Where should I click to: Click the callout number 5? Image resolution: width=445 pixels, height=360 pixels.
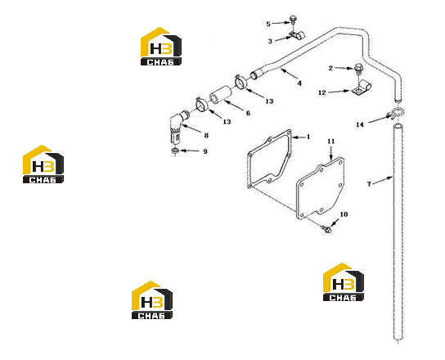(x=268, y=24)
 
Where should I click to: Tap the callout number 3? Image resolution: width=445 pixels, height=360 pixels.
(x=270, y=41)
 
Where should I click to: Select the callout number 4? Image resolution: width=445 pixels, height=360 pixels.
(x=299, y=83)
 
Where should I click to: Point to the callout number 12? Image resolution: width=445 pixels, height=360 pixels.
(x=322, y=92)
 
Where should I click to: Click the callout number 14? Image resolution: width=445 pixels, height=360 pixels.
(x=360, y=124)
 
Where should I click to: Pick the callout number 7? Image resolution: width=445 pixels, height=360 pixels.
(x=369, y=184)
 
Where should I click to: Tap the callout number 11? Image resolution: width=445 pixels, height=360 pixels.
(x=331, y=141)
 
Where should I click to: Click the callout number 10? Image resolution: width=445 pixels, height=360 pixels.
(x=344, y=214)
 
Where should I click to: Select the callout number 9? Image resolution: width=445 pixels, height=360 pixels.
(x=205, y=151)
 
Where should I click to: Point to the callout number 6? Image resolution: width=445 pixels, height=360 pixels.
(x=248, y=113)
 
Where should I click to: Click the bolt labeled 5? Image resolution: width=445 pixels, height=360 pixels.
(x=293, y=20)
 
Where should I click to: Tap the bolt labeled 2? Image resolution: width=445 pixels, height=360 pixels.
(x=358, y=70)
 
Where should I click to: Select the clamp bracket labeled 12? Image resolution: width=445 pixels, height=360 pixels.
(x=361, y=88)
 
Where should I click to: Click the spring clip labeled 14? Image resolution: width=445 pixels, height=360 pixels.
(x=396, y=113)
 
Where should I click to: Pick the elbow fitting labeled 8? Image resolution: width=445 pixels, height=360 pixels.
(x=178, y=125)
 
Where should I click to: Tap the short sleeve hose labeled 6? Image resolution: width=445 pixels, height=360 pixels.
(x=221, y=96)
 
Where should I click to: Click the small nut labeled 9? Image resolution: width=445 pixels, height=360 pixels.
(x=175, y=151)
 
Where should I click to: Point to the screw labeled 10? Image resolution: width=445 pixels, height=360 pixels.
(x=327, y=229)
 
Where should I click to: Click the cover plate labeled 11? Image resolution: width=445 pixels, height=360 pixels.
(x=320, y=188)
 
